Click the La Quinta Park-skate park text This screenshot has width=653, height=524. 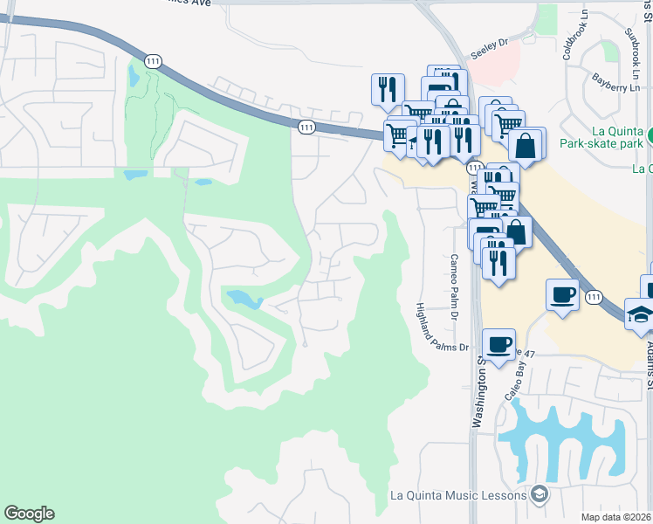601,137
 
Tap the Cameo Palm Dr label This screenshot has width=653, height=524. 454,286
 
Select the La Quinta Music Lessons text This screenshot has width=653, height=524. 458,495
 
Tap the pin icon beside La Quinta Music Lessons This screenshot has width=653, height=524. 540,495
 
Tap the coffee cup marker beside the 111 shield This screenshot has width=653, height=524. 563,293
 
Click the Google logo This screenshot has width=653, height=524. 29,514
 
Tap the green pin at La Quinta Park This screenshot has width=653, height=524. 650,137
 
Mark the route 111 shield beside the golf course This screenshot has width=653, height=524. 154,60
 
